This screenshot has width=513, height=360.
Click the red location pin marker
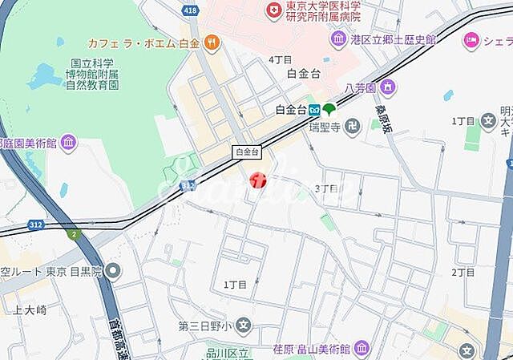click(x=258, y=180)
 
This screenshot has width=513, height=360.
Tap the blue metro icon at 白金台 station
click(x=316, y=110)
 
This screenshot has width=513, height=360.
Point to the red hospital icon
click(x=274, y=10)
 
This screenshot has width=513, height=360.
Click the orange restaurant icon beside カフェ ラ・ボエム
click(x=211, y=41)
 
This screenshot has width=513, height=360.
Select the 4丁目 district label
click(x=280, y=59)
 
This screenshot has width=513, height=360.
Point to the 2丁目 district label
click(x=463, y=272)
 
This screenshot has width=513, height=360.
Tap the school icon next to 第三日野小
click(x=244, y=326)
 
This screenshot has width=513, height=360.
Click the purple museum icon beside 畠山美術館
click(x=362, y=348)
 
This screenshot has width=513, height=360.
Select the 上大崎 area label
click(x=30, y=309)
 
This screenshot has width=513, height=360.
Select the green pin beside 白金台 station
click(x=329, y=108)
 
